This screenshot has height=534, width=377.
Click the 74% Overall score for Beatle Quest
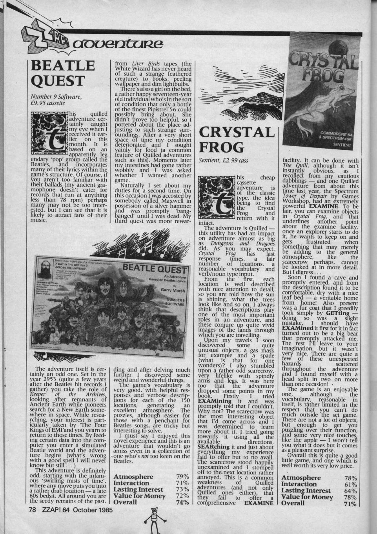tap(180, 503)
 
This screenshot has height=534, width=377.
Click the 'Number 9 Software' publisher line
tap(55, 103)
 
